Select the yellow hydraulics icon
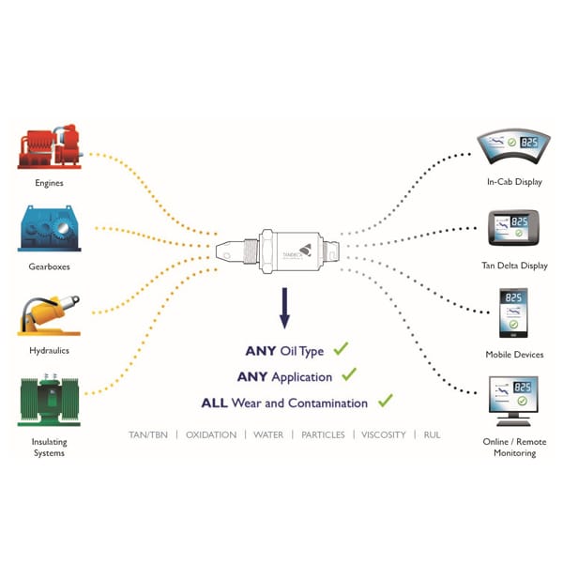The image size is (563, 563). tap(49, 315)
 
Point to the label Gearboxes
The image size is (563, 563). tap(49, 266)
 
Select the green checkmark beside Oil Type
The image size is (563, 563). tap(341, 349)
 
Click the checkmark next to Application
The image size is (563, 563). tap(349, 374)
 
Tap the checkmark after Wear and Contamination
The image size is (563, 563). tap(384, 401)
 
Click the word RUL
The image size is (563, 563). tap(432, 435)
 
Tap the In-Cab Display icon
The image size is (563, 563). tap(513, 145)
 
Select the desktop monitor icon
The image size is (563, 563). tap(513, 399)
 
